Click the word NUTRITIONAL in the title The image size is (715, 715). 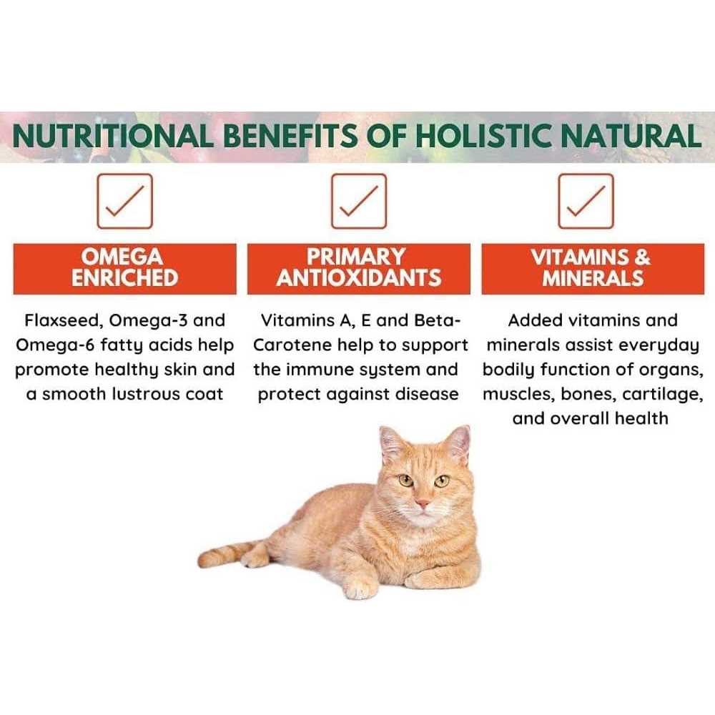tap(113, 136)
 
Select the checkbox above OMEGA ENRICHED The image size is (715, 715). tap(124, 201)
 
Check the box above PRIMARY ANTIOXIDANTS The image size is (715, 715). tap(359, 201)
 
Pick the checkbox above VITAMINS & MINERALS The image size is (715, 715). tap(586, 201)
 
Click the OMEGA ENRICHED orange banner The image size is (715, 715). tap(125, 269)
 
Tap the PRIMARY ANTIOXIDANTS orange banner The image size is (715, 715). tap(359, 269)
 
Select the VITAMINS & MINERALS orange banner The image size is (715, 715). tap(593, 269)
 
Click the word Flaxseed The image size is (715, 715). tap(62, 321)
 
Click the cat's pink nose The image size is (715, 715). tap(423, 503)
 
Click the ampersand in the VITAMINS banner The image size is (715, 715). tap(641, 257)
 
